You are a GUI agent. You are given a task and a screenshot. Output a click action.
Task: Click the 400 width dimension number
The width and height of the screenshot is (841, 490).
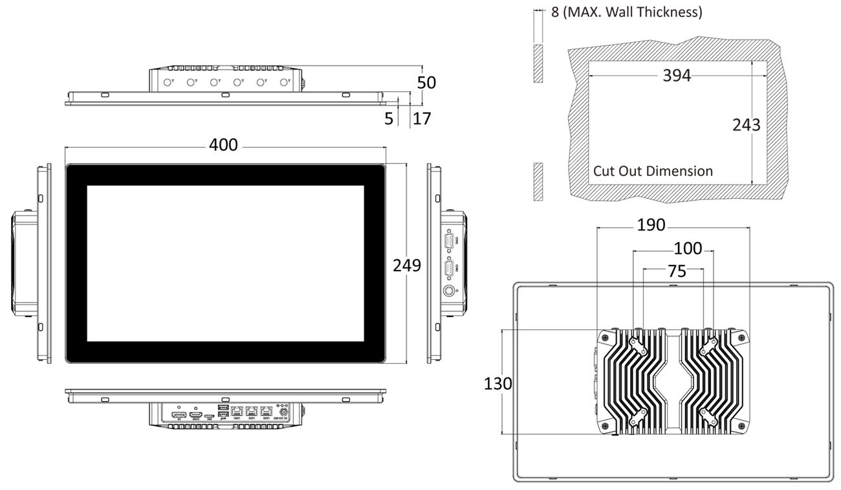[x=223, y=146]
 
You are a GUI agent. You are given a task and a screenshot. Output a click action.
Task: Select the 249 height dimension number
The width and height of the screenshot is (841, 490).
[x=407, y=265]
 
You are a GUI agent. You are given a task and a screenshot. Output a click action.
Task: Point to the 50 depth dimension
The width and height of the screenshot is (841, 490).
[x=427, y=83]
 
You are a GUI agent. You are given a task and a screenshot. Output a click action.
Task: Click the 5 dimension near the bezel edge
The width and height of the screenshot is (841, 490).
[x=388, y=118]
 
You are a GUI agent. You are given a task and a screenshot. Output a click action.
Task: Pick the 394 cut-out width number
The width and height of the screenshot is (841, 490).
[x=677, y=76]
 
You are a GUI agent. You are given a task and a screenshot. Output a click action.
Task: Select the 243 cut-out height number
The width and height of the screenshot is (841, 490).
[x=746, y=125]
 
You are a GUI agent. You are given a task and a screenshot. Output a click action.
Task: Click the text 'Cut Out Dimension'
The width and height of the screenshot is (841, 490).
[x=653, y=171]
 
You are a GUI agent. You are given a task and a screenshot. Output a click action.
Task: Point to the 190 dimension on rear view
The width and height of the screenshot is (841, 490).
[x=651, y=225]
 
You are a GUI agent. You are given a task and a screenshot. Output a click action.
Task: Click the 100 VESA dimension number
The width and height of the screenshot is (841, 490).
[x=688, y=249]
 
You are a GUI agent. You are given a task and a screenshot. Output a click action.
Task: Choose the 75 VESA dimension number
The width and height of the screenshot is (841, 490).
[x=677, y=272]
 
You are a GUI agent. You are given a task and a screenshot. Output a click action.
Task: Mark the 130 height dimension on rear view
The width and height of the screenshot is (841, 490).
[x=497, y=384]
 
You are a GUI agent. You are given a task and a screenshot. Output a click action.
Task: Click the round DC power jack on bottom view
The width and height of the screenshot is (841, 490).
[x=282, y=412]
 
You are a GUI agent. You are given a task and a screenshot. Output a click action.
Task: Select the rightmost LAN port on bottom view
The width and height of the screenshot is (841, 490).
[x=265, y=412]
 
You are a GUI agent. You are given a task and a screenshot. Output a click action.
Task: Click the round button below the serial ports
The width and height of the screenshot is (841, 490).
[x=449, y=291]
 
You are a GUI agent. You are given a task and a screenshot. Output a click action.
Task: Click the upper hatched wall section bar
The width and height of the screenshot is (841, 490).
[x=538, y=63]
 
